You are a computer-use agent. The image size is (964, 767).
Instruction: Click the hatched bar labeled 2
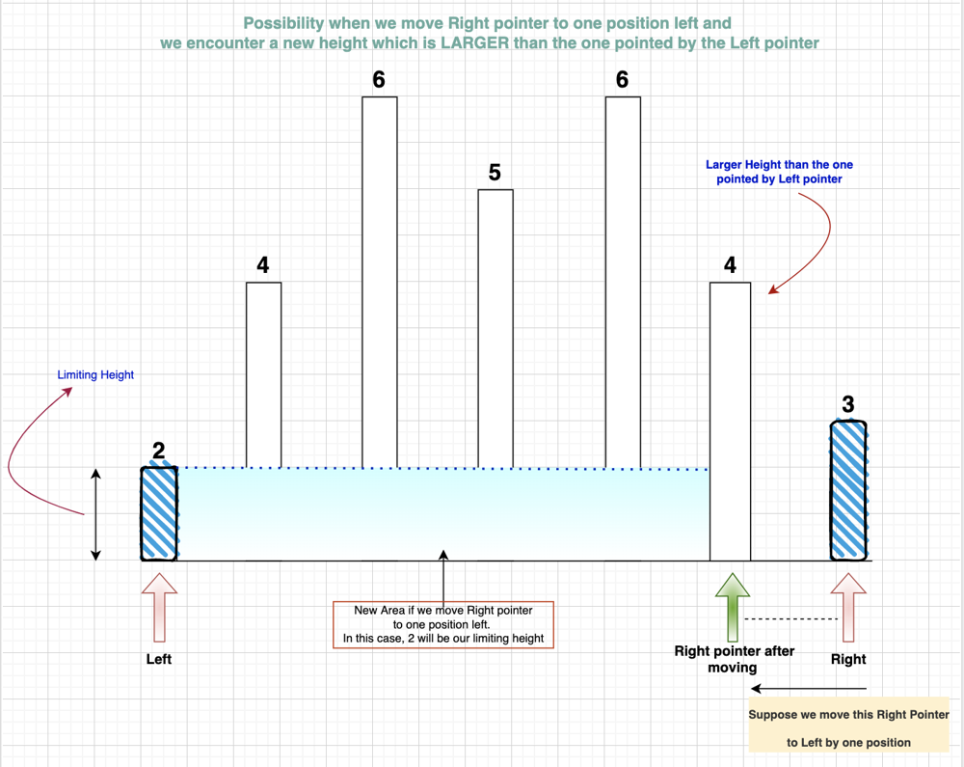(x=159, y=513)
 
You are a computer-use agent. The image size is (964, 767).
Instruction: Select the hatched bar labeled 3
(x=848, y=490)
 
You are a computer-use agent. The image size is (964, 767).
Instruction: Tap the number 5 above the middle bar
(x=495, y=173)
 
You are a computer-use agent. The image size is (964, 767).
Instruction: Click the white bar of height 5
(x=495, y=329)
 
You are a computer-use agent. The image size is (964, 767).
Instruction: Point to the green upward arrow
(x=733, y=608)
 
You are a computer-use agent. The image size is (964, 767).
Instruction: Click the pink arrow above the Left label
(x=159, y=608)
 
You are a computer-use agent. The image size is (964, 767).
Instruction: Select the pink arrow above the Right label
(x=848, y=608)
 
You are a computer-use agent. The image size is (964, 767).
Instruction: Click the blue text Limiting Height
(x=95, y=374)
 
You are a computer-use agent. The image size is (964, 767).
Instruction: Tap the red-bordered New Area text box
(x=443, y=624)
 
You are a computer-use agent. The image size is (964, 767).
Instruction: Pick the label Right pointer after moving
(x=734, y=659)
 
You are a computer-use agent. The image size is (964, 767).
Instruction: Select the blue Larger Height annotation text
(x=779, y=172)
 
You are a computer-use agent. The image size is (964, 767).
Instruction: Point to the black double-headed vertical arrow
(x=95, y=514)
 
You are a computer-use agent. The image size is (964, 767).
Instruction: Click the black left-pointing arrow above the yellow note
(x=809, y=689)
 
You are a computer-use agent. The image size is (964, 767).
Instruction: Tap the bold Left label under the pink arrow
(x=159, y=659)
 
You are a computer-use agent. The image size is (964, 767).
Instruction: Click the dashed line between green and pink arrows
(x=790, y=618)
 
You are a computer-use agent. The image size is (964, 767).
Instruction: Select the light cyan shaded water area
(x=442, y=514)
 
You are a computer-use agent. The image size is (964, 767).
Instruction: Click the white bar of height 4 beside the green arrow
(x=731, y=422)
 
